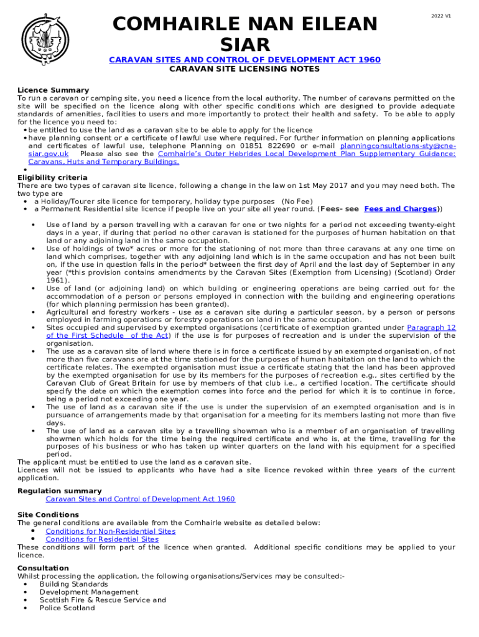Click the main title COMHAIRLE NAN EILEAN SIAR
tap(244, 34)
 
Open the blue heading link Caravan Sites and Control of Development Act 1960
tap(244, 60)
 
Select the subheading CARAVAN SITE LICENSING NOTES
tap(244, 69)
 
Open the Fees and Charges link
tap(400, 209)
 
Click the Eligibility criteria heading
tap(52, 178)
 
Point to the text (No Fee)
tap(297, 202)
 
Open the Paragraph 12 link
tap(431, 328)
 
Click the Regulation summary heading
tap(60, 491)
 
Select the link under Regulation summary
tap(140, 499)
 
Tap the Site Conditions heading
tap(48, 515)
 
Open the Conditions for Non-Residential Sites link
tap(110, 531)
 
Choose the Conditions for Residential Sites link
tap(102, 539)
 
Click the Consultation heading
tap(43, 569)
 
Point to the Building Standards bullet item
tap(73, 585)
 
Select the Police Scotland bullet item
tap(67, 608)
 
